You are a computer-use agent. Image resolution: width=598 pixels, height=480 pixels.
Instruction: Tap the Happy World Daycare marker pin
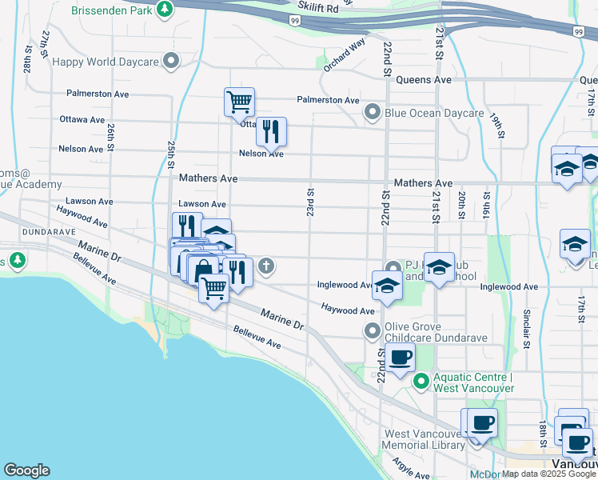pyautogui.click(x=170, y=61)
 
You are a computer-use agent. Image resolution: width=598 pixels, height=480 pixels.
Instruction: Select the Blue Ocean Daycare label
pyautogui.click(x=434, y=113)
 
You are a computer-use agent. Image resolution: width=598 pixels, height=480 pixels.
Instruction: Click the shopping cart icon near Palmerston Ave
pyautogui.click(x=239, y=102)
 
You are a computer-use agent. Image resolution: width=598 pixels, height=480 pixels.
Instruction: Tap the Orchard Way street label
pyautogui.click(x=345, y=54)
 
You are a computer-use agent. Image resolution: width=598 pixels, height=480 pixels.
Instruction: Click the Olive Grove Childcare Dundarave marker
pyautogui.click(x=372, y=330)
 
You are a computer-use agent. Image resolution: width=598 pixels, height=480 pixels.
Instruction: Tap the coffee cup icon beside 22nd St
pyautogui.click(x=401, y=358)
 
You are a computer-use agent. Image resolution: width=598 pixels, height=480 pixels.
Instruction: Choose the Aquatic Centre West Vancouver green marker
pyautogui.click(x=421, y=382)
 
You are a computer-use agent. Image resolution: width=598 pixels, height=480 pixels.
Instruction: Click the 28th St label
pyautogui.click(x=27, y=65)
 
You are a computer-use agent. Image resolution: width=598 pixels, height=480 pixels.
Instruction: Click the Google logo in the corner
pyautogui.click(x=26, y=470)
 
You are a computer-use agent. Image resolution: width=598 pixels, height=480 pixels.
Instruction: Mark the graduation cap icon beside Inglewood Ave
pyautogui.click(x=386, y=286)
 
